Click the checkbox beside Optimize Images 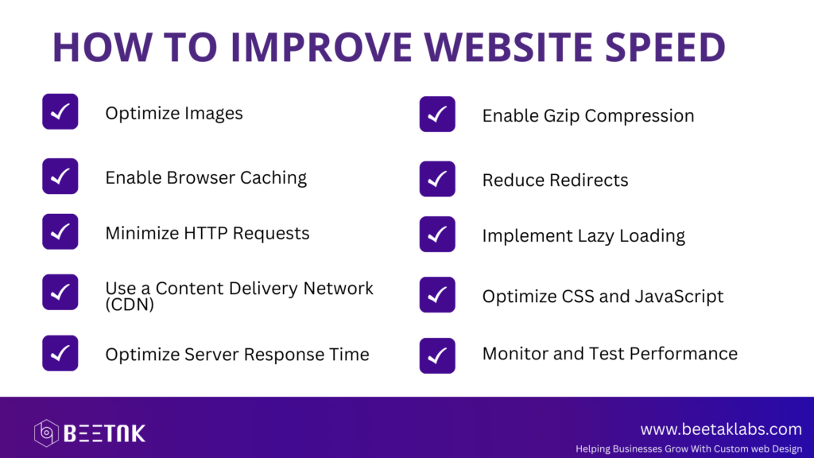[x=60, y=111]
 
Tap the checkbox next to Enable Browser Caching [x=60, y=177]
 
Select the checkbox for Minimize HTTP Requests [x=60, y=231]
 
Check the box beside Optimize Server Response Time [x=60, y=353]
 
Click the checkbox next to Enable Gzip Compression [x=437, y=114]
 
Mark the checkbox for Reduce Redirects [x=437, y=179]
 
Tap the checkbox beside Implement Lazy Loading [x=437, y=235]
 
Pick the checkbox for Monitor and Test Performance [x=437, y=355]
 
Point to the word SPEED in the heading [x=665, y=47]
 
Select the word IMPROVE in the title [x=321, y=47]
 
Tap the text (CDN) [x=130, y=305]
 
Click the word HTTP [x=206, y=233]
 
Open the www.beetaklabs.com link [x=721, y=429]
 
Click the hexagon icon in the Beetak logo [x=46, y=433]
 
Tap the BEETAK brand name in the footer [x=104, y=433]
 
